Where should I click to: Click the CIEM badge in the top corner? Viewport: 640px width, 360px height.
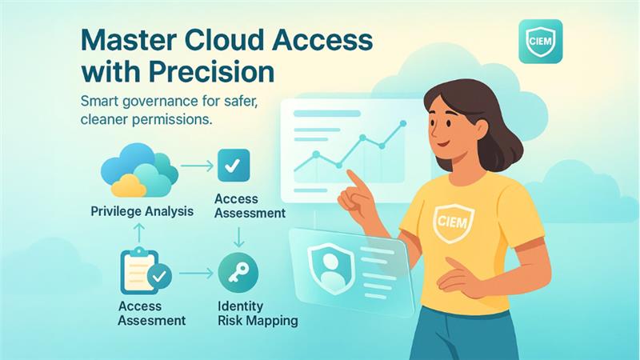[x=540, y=42]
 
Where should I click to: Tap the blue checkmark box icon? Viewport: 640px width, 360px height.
[x=234, y=166]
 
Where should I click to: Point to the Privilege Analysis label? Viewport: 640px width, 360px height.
[x=142, y=212]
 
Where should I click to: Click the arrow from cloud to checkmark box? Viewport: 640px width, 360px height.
[x=195, y=167]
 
